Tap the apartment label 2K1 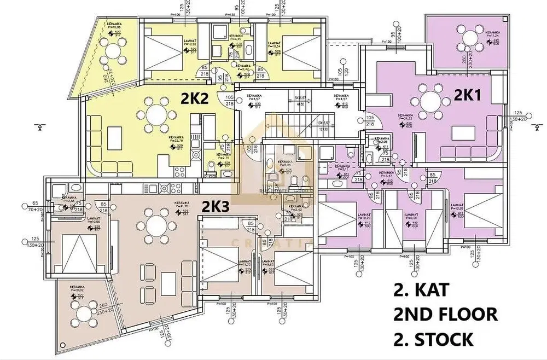[x=468, y=96]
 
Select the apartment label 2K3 [x=214, y=207]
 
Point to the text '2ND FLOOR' [x=445, y=315]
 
